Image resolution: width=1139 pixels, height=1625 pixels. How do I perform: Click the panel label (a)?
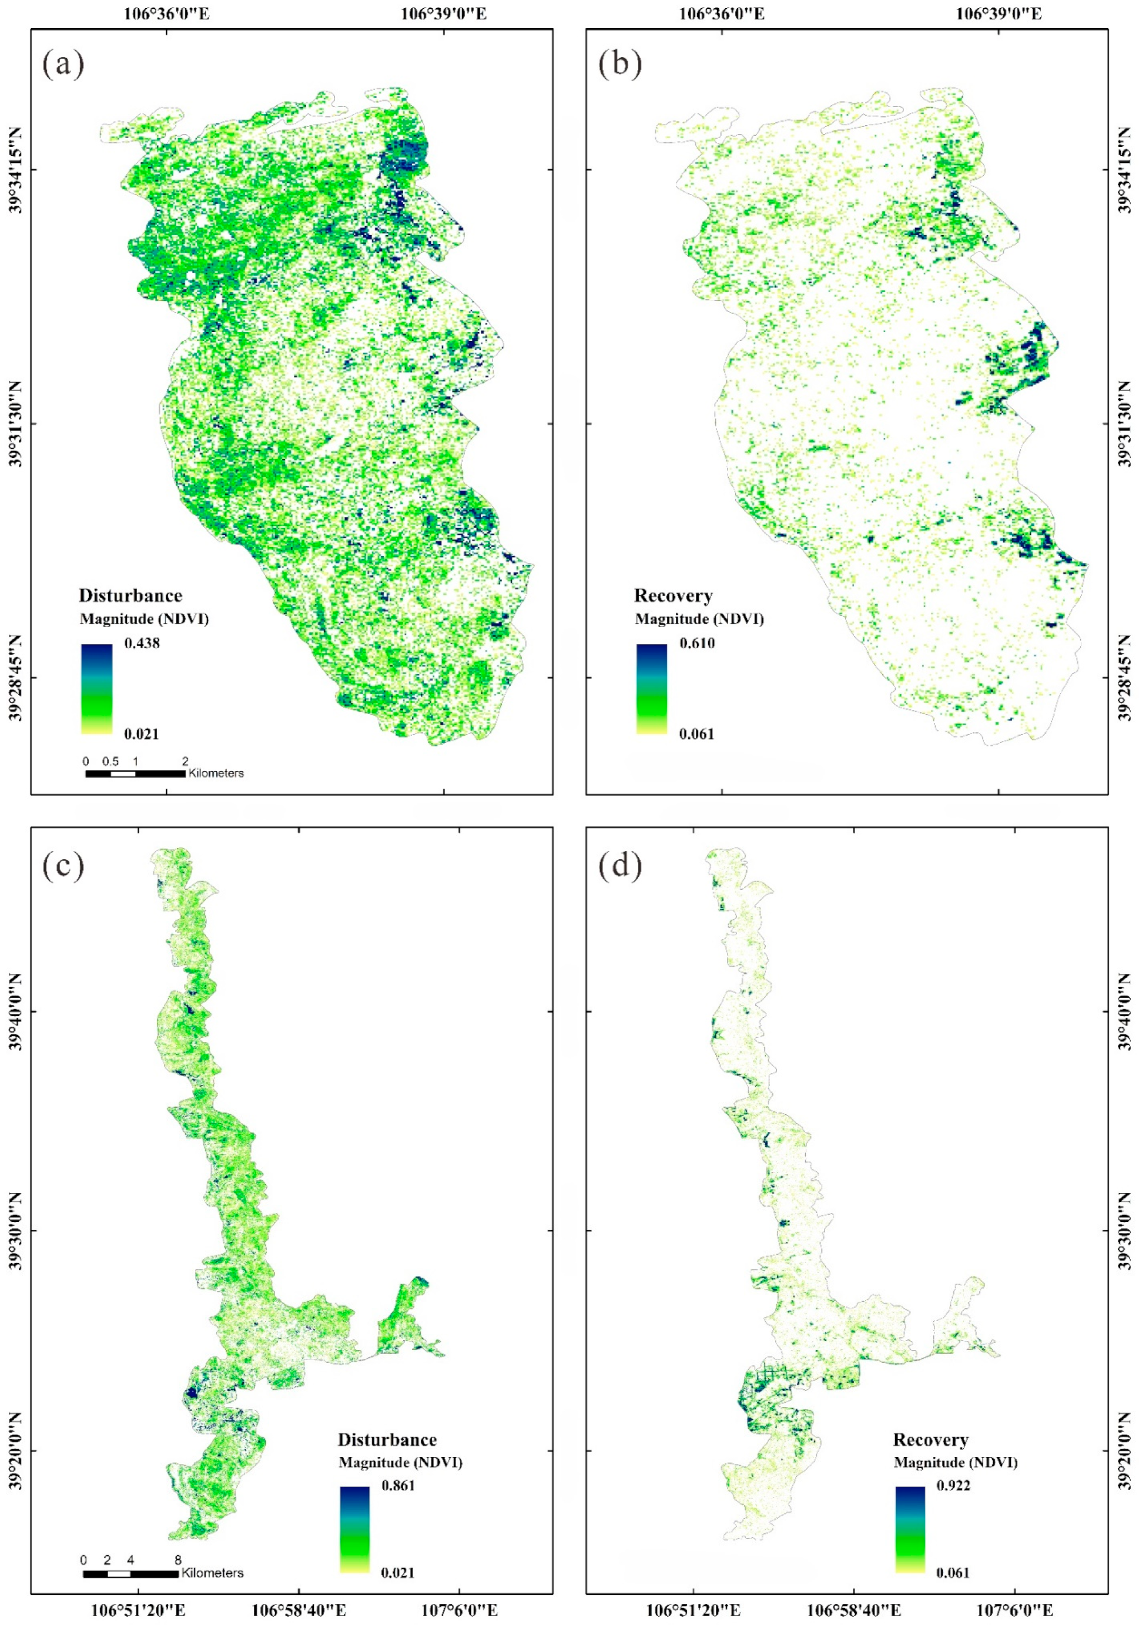63,65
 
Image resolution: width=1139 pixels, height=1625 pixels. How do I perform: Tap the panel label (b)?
619,65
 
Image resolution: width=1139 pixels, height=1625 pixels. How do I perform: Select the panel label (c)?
63,866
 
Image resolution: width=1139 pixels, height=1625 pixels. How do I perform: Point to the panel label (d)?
619,866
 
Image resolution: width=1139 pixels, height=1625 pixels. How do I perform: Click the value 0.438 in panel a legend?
141,644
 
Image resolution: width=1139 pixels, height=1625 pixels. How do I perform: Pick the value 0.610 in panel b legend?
696,644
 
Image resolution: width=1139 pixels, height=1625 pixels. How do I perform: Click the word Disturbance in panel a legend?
130,595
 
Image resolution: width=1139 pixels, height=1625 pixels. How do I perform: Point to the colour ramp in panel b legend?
651,688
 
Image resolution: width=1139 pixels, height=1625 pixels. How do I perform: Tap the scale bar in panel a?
135,773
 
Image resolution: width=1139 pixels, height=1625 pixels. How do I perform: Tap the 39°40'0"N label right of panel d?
1125,1011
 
